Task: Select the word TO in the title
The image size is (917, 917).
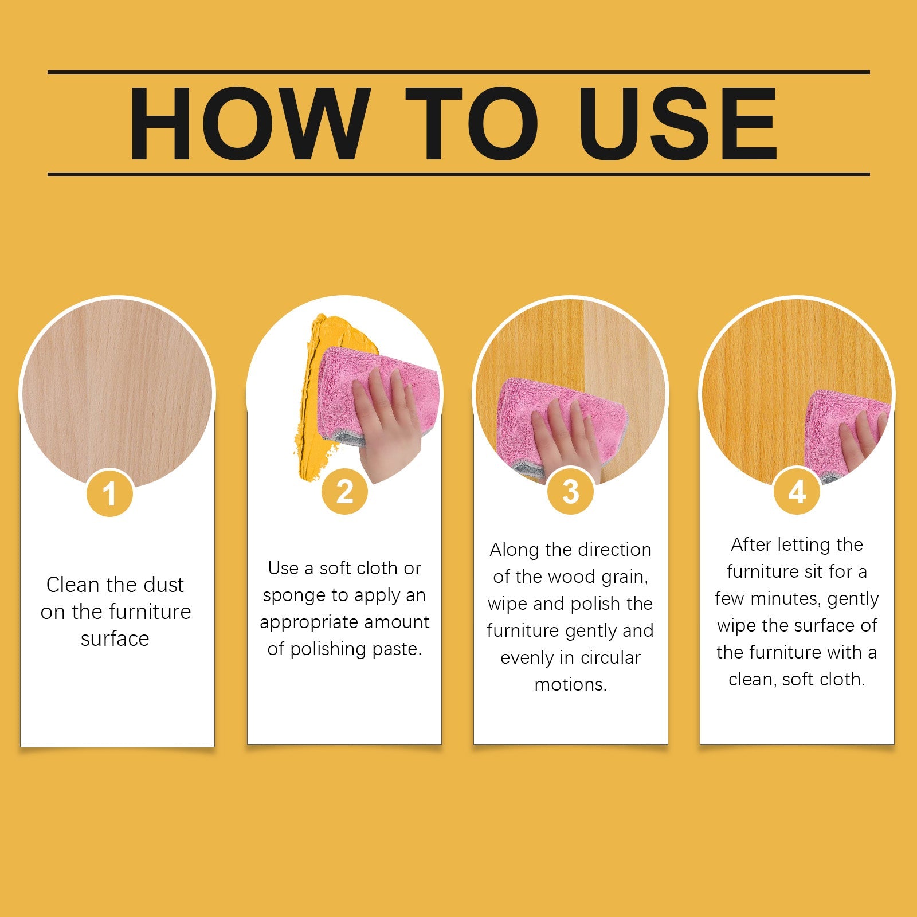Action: (x=471, y=123)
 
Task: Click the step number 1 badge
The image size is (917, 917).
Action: (x=109, y=493)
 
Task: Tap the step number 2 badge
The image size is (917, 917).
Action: (x=344, y=491)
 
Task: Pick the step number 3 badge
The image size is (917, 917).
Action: (x=570, y=491)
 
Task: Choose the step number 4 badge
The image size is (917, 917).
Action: (x=797, y=491)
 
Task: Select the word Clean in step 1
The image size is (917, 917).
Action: (x=73, y=585)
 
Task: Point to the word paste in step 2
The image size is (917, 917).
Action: (x=396, y=649)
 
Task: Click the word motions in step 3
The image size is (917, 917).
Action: (x=570, y=685)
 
